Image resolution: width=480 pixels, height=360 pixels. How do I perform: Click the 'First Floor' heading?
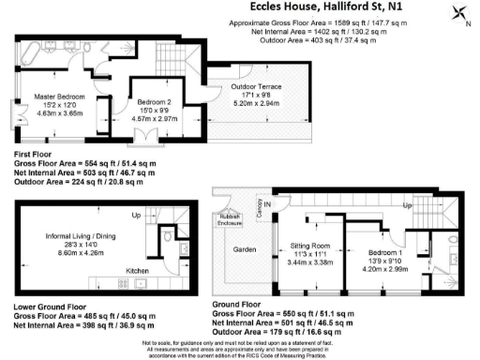35,154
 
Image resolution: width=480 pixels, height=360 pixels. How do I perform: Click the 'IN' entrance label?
266,203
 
